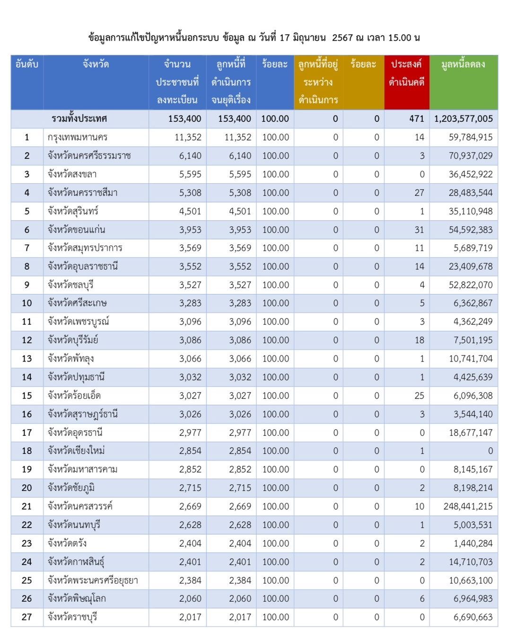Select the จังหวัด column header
pyautogui.click(x=96, y=64)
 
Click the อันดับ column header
pyautogui.click(x=27, y=64)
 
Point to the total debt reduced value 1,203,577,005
pyautogui.click(x=464, y=119)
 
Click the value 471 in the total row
pyautogui.click(x=417, y=119)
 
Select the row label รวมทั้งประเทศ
pyautogui.click(x=79, y=119)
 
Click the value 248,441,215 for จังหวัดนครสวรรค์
pyautogui.click(x=468, y=506)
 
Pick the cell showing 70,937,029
pyautogui.click(x=471, y=156)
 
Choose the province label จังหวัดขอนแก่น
pyautogui.click(x=76, y=230)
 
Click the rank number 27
pyautogui.click(x=26, y=617)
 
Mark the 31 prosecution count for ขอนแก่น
pyautogui.click(x=419, y=230)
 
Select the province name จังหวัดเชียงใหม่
pyautogui.click(x=76, y=451)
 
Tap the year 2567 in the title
pyautogui.click(x=342, y=37)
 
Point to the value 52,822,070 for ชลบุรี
pyautogui.click(x=471, y=285)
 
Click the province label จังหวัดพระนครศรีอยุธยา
pyautogui.click(x=93, y=581)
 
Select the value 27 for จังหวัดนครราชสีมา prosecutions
pyautogui.click(x=419, y=193)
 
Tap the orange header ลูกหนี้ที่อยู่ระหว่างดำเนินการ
pyautogui.click(x=318, y=82)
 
